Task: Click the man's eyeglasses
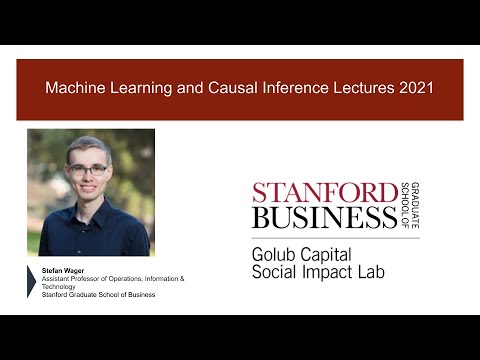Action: click(90, 170)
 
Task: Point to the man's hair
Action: click(89, 145)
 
